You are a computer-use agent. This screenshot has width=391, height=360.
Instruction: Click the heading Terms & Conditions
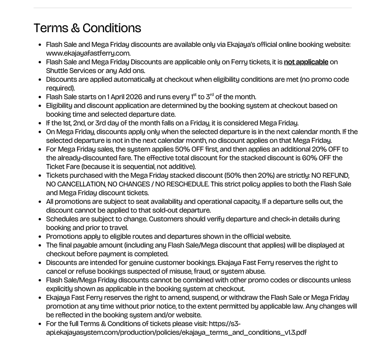point(87,28)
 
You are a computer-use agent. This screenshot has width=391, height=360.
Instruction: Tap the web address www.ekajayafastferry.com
point(88,53)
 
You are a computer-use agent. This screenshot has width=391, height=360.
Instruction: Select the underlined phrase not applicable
point(306,62)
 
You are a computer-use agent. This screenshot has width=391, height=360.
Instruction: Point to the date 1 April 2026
point(124,97)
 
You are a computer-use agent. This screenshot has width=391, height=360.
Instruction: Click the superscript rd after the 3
point(212,95)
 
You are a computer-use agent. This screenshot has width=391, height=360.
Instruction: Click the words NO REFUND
point(330,175)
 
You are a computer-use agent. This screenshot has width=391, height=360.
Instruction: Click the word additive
point(181,167)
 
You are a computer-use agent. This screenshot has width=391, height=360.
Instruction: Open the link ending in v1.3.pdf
point(176,332)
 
